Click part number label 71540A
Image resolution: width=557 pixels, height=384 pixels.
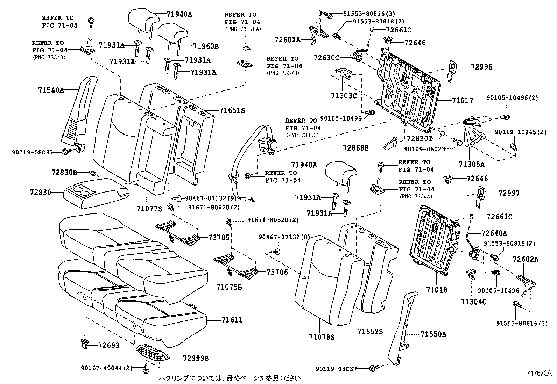point(51,90)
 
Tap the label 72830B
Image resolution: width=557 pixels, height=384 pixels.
point(64,173)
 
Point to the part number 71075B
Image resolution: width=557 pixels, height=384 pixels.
point(229,287)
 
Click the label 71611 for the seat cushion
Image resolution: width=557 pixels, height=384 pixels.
point(232,320)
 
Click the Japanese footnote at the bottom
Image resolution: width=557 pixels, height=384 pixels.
point(230,378)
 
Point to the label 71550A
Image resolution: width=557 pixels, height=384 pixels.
point(433,334)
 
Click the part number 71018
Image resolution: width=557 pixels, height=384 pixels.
point(436,290)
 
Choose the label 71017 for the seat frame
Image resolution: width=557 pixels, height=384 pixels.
point(462,101)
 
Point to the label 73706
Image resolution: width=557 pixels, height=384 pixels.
point(277,272)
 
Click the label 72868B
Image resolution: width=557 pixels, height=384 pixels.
point(355,148)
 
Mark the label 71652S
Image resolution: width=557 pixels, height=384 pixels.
point(370,331)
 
